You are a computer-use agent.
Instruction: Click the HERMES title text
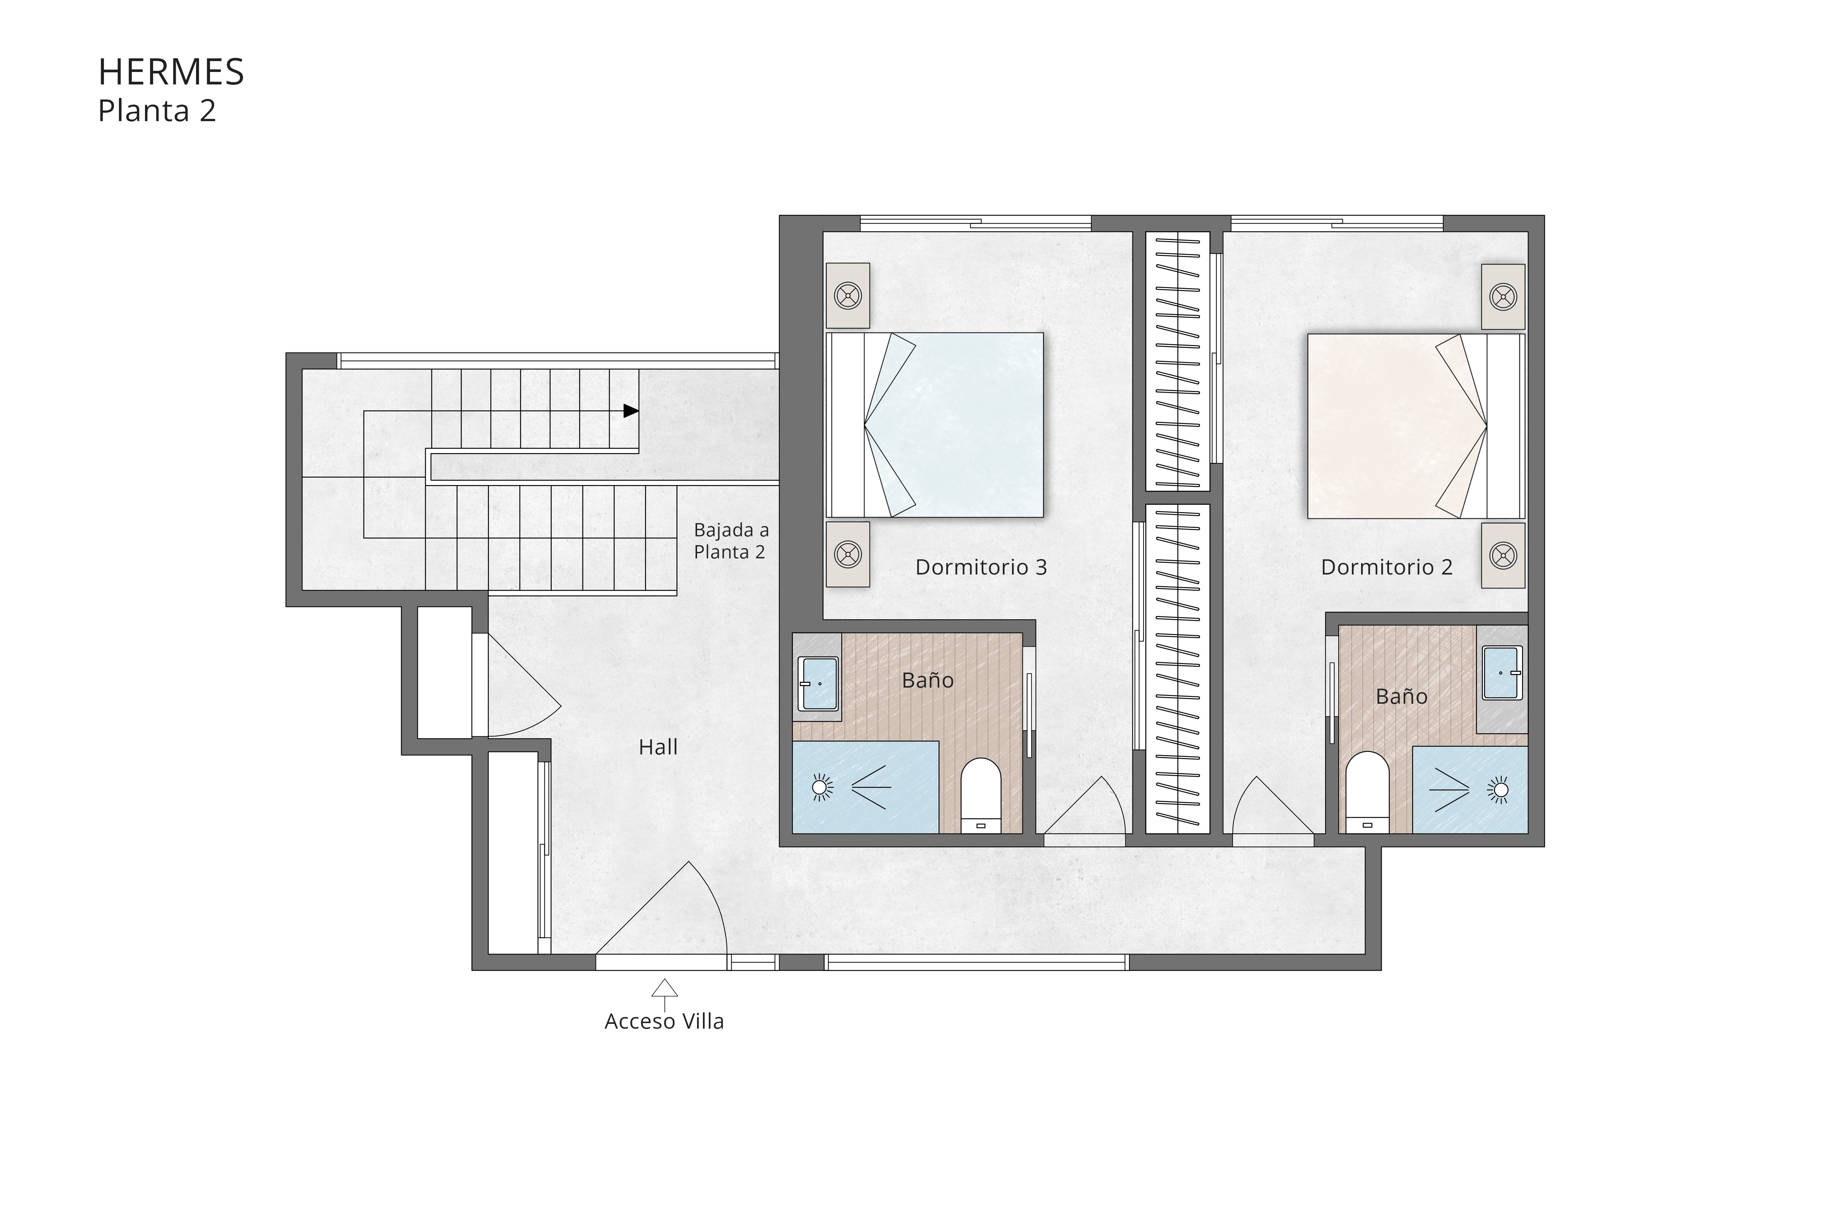(171, 72)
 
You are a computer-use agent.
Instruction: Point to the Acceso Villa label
(664, 1022)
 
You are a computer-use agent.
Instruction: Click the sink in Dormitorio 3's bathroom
(818, 684)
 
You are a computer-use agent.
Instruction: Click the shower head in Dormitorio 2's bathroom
(1499, 790)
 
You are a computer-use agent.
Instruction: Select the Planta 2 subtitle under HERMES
(156, 112)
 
